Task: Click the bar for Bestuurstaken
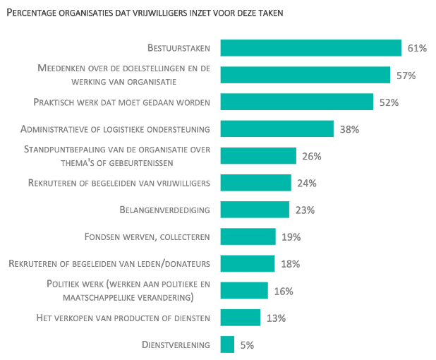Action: [310, 48]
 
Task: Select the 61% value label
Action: [417, 49]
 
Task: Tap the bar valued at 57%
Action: [305, 75]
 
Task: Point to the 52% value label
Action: [389, 102]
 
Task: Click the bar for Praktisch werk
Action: [296, 102]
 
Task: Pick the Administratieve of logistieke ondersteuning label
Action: [116, 129]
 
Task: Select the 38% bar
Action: [277, 128]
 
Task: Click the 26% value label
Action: [312, 156]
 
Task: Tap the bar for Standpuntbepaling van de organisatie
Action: [258, 156]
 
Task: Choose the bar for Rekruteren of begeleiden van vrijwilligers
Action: [255, 183]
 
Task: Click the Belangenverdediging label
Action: [166, 210]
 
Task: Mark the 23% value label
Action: [305, 210]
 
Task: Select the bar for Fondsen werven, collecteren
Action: [248, 236]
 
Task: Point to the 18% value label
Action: [290, 264]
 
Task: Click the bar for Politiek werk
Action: [244, 291]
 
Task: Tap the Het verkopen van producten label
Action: [123, 318]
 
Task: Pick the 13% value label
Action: [276, 318]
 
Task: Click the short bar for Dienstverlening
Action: [227, 344]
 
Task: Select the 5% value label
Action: [246, 345]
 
